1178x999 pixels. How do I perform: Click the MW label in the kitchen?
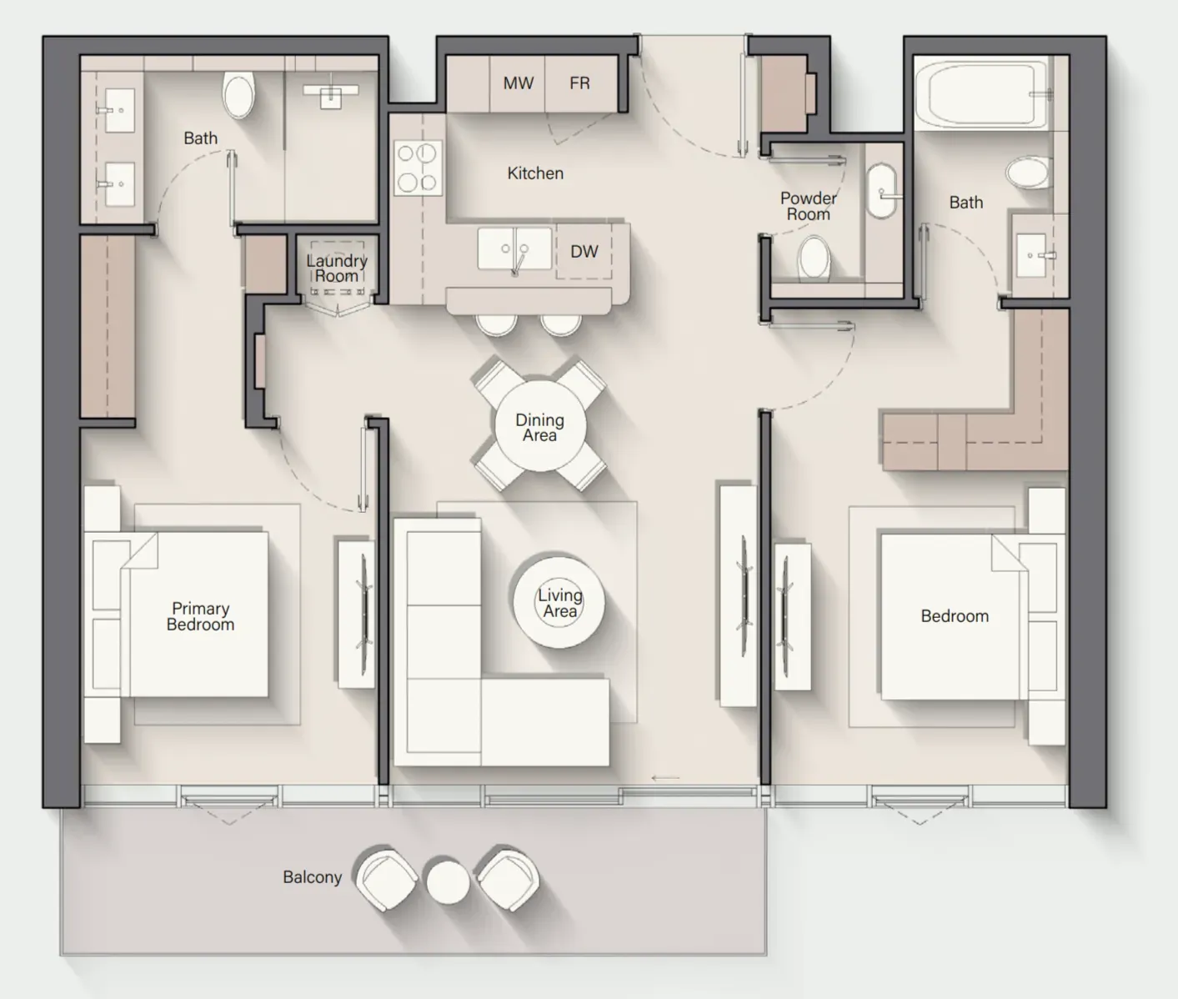[518, 83]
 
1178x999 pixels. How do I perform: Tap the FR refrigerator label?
[579, 83]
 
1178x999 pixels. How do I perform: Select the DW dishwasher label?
[584, 252]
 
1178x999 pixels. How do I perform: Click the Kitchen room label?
[535, 173]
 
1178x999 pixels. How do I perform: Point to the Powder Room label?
[808, 207]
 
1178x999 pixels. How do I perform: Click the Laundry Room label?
[337, 269]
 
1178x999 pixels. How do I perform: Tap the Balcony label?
[313, 877]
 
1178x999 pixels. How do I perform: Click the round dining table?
[539, 426]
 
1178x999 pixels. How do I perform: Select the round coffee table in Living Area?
[559, 603]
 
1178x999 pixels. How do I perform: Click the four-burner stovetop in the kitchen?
[418, 168]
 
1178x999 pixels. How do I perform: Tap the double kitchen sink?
[514, 249]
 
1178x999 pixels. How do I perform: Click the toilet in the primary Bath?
[238, 95]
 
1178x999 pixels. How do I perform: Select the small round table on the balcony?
[449, 882]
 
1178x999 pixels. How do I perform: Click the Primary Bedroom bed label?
[200, 616]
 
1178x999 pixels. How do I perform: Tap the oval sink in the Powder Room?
[882, 192]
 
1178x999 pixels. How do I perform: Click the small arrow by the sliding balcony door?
[665, 778]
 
